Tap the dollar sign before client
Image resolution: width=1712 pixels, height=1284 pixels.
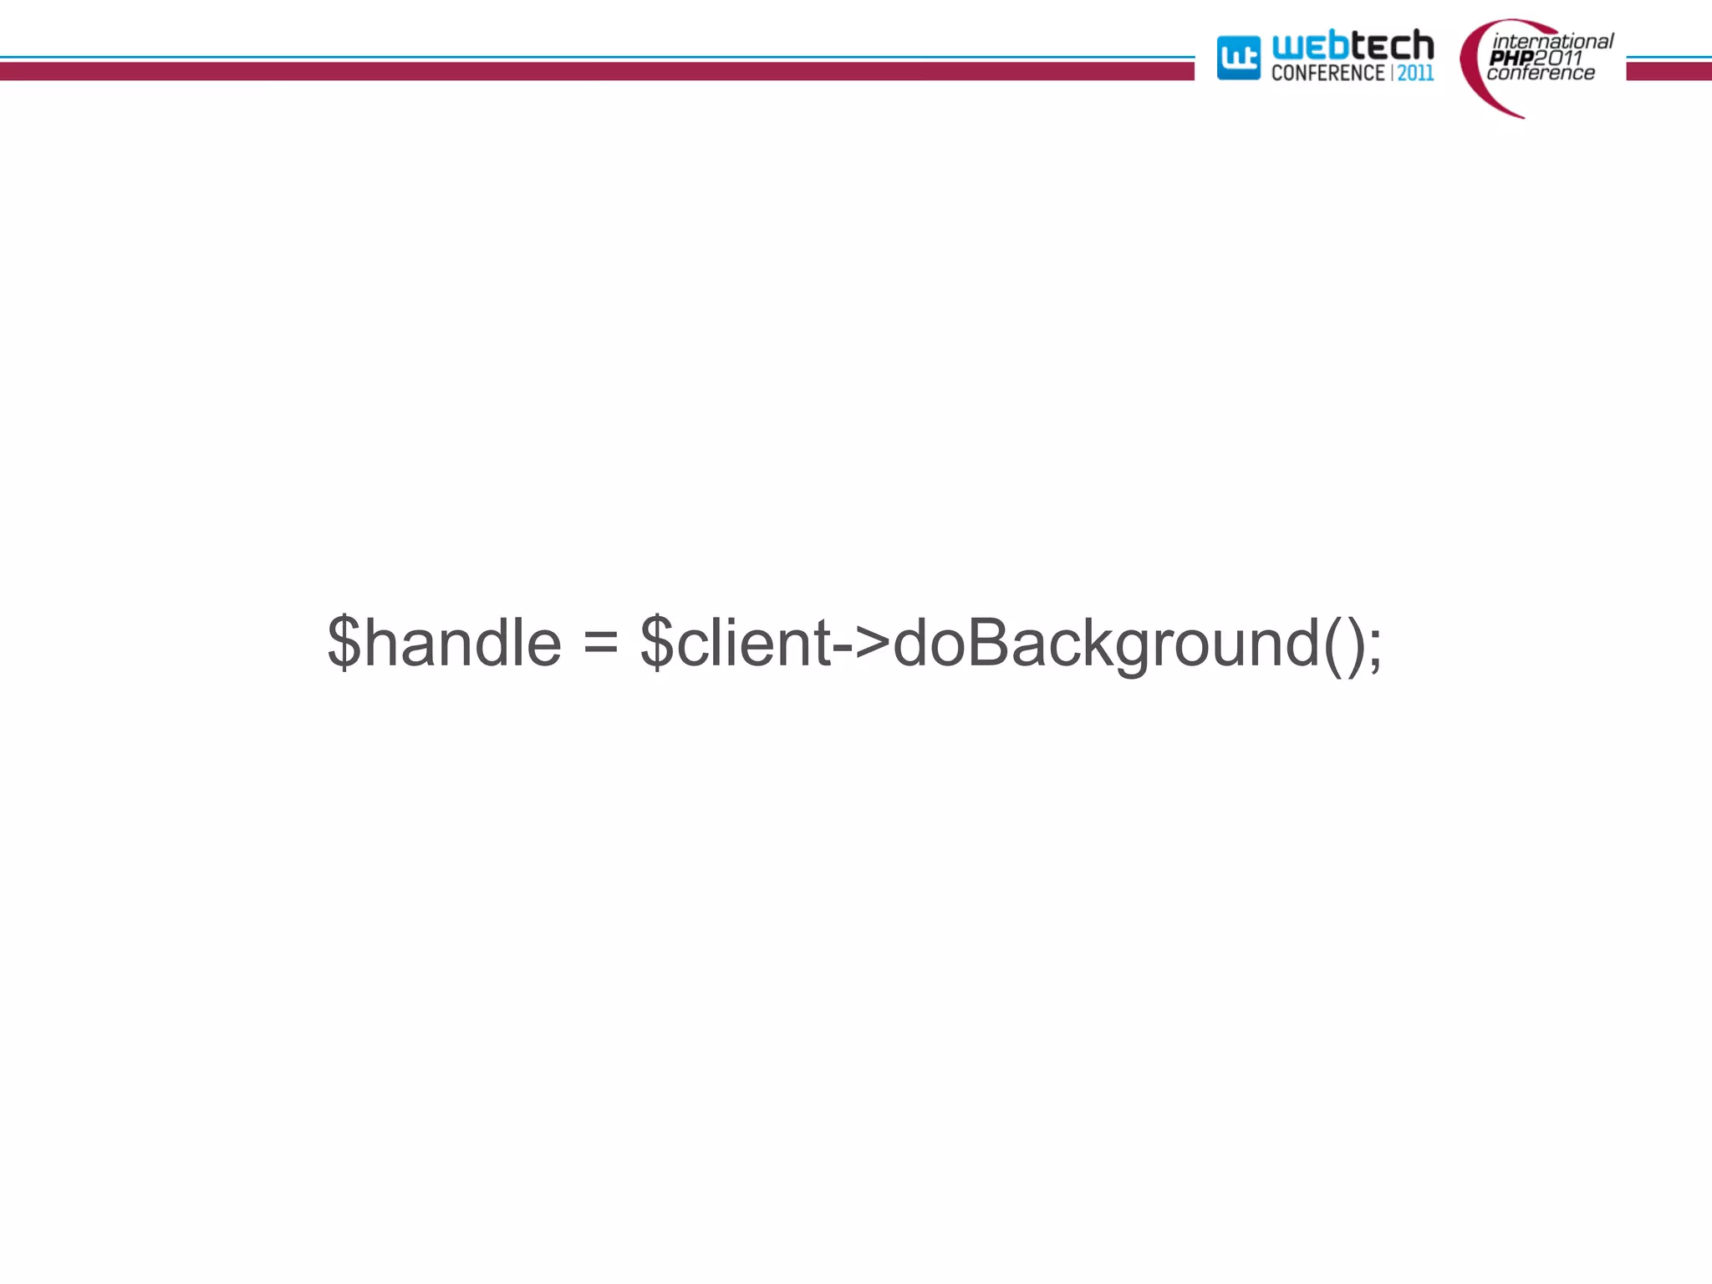pyautogui.click(x=657, y=642)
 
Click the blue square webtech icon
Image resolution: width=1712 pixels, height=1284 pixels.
pyautogui.click(x=1238, y=58)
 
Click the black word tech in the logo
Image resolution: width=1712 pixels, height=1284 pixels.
pyautogui.click(x=1393, y=45)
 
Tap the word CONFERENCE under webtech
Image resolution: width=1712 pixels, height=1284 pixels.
pyautogui.click(x=1327, y=74)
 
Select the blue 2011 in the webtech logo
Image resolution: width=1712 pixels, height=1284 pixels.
pyautogui.click(x=1416, y=74)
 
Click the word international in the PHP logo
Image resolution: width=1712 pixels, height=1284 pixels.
pyautogui.click(x=1553, y=41)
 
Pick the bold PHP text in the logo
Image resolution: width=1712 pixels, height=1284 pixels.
pyautogui.click(x=1511, y=58)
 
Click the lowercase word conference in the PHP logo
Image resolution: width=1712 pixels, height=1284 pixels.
pyautogui.click(x=1541, y=74)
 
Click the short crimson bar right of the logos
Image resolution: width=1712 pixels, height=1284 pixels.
pyautogui.click(x=1669, y=71)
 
